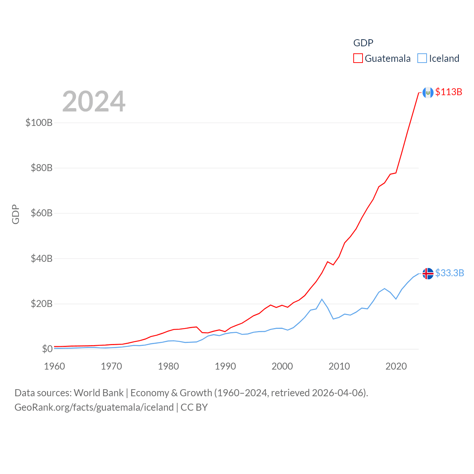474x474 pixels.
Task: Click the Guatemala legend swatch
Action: (358, 59)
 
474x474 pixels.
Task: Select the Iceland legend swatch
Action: (422, 59)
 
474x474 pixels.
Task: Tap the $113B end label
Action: (448, 92)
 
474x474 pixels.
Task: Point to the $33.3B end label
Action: (450, 273)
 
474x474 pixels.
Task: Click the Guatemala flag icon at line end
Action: (428, 93)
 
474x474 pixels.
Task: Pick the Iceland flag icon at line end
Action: (428, 274)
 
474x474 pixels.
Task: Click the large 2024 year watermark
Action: (94, 101)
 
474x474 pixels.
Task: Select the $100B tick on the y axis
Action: (39, 123)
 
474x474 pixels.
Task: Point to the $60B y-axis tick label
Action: (41, 213)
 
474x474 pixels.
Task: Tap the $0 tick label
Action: (47, 349)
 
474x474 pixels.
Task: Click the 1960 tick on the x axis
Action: (54, 366)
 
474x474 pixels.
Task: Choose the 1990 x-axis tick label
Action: (225, 366)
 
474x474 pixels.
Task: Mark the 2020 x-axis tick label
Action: (396, 366)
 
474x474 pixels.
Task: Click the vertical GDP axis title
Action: (16, 214)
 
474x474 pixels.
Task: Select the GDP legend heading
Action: (363, 43)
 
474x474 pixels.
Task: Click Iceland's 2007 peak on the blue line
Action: (322, 299)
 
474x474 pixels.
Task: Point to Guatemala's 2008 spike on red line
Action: (327, 262)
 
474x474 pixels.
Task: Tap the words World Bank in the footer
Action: (99, 393)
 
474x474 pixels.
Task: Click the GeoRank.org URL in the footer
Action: (94, 407)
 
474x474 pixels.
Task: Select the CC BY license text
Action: (194, 407)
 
